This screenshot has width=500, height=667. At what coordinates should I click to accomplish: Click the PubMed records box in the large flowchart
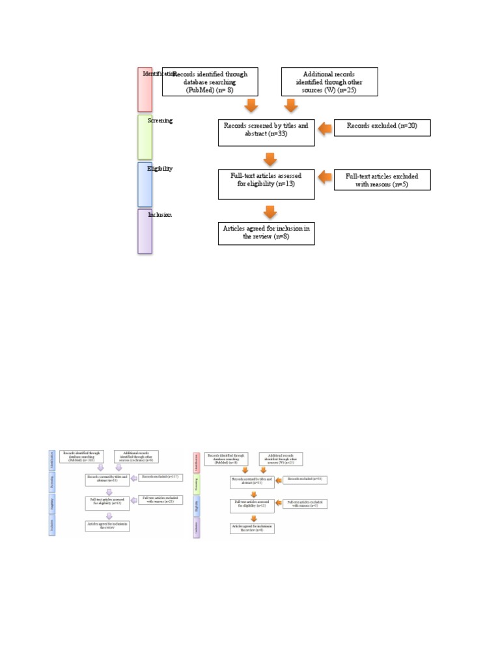(210, 81)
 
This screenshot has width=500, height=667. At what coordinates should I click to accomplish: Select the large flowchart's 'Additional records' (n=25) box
(329, 81)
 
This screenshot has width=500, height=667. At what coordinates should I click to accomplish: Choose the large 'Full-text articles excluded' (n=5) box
(382, 180)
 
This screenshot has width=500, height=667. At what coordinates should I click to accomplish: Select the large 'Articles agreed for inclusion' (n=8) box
(267, 233)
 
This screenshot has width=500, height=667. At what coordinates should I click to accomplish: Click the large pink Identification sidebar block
(145, 89)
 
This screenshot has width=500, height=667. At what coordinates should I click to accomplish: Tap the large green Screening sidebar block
(145, 137)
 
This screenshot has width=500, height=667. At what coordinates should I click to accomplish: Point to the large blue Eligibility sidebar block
(145, 184)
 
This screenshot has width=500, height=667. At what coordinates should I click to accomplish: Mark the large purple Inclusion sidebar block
(145, 231)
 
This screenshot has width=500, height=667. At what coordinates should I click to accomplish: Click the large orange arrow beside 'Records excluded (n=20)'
(324, 130)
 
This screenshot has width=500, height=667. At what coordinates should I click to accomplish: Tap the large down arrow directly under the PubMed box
(251, 106)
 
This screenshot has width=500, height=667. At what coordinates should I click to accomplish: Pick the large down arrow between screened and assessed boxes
(268, 158)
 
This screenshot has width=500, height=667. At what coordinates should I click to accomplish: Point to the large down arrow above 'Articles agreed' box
(268, 212)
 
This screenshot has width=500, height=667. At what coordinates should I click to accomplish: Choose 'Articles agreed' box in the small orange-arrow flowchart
(253, 528)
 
